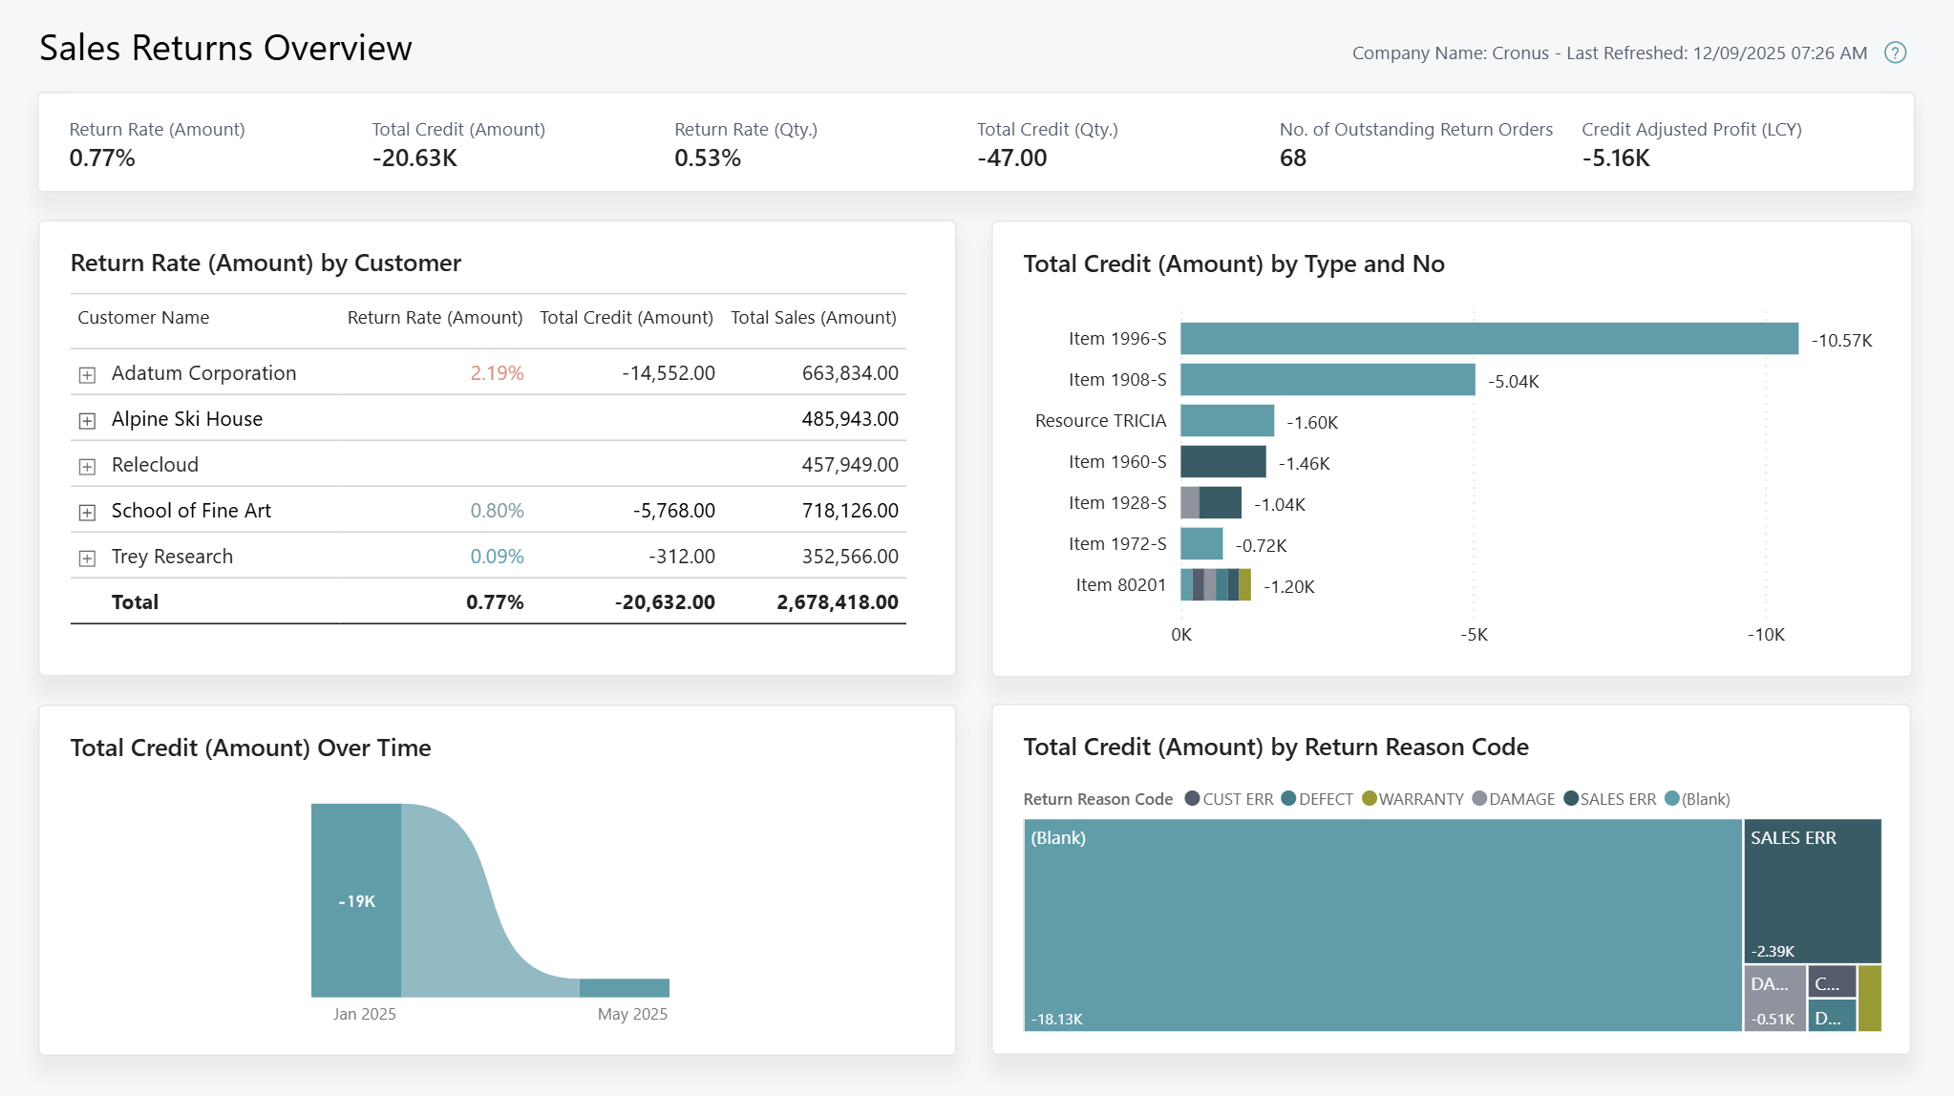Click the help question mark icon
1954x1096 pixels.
(1895, 53)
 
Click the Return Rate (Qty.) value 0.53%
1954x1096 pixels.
(707, 158)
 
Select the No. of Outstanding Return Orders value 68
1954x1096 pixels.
(1292, 158)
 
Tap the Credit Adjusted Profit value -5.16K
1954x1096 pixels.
(1615, 158)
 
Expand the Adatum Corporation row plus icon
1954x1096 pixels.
(87, 375)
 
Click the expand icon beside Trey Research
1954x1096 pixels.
(87, 559)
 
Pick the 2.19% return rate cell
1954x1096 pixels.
(497, 373)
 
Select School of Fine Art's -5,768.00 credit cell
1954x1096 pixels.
(673, 511)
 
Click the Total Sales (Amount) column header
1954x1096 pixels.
(813, 318)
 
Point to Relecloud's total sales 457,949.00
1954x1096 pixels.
(849, 465)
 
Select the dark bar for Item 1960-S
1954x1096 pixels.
(1222, 462)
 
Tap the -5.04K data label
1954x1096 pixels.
(1513, 382)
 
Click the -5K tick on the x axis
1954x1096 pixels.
(1474, 635)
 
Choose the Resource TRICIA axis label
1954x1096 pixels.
(1100, 421)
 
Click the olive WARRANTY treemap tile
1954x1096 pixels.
(1869, 998)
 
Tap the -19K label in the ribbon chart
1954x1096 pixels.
(356, 901)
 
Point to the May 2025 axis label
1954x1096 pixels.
(632, 1014)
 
